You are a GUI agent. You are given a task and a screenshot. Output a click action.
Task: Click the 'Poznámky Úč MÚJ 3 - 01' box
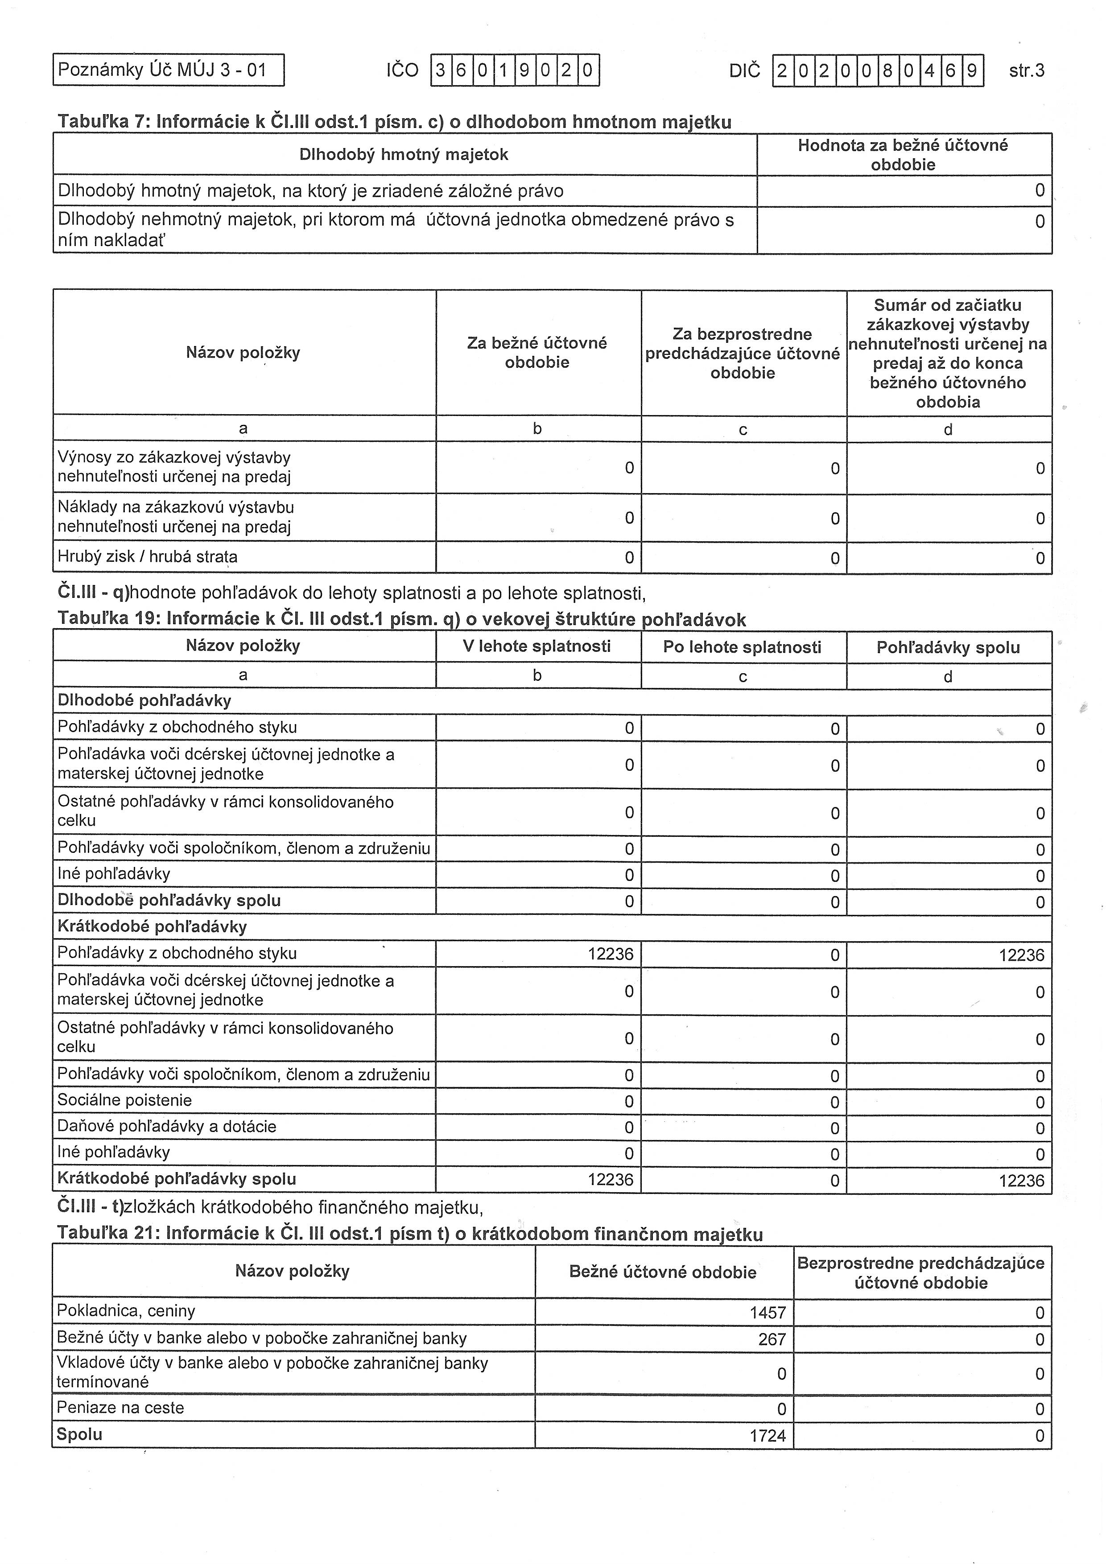(168, 70)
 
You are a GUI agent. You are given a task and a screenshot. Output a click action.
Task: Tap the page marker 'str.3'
(1026, 71)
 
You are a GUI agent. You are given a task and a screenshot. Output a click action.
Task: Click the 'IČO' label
(402, 71)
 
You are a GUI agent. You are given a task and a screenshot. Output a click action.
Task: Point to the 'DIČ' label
(744, 71)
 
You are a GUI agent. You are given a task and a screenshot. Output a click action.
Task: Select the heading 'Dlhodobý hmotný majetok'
(404, 155)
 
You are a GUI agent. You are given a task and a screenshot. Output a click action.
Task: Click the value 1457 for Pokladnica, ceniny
(768, 1312)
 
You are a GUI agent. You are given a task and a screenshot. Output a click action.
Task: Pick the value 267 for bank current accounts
(772, 1339)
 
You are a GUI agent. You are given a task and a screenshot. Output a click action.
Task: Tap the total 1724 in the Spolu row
(768, 1436)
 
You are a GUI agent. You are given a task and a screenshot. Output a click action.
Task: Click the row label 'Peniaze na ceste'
(120, 1408)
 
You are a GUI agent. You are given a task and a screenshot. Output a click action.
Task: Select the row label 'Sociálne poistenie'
(125, 1100)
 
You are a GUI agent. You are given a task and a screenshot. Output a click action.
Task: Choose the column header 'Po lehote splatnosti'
(742, 646)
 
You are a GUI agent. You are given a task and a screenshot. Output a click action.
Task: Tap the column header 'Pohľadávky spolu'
(948, 647)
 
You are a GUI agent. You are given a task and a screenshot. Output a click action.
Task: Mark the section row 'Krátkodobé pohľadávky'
(152, 926)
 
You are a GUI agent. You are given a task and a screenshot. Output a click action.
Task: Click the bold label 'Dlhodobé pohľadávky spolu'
(169, 901)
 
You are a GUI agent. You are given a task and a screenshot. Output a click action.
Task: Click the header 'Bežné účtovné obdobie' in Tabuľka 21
(662, 1272)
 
